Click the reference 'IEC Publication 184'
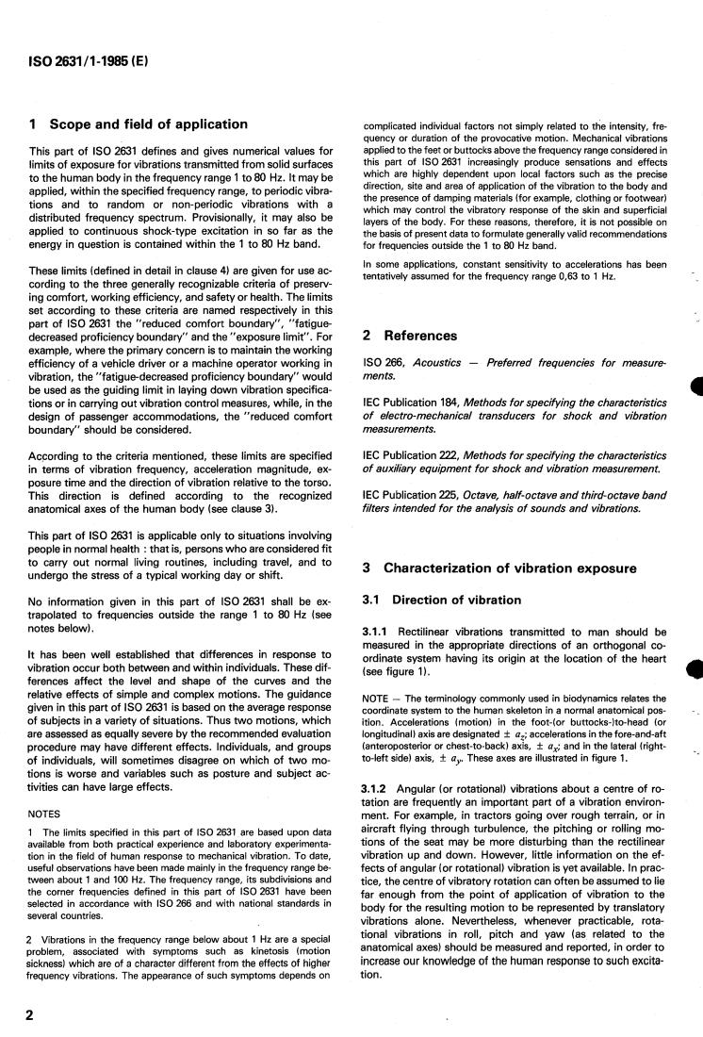pos(414,403)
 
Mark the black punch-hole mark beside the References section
pos(697,387)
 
